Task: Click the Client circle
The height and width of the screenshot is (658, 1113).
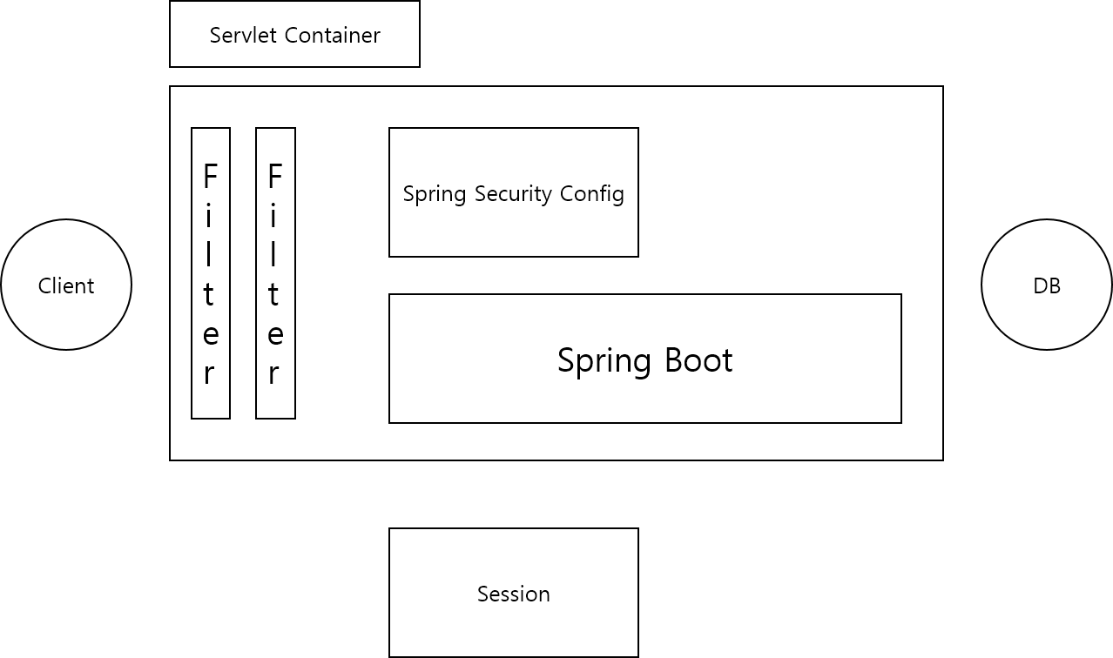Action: (66, 285)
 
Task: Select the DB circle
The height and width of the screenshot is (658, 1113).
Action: (1047, 285)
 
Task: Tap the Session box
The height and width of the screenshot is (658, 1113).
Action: (514, 593)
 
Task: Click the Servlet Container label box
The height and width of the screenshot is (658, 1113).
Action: (294, 34)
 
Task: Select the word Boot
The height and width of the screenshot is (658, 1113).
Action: (696, 360)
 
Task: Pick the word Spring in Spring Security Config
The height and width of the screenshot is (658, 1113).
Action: (435, 194)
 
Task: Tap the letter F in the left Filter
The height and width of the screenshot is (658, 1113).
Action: (210, 177)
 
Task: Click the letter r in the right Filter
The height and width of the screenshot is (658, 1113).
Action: (274, 373)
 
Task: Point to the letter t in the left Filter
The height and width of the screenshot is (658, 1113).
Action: (209, 295)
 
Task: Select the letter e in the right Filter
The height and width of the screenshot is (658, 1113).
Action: (275, 335)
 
